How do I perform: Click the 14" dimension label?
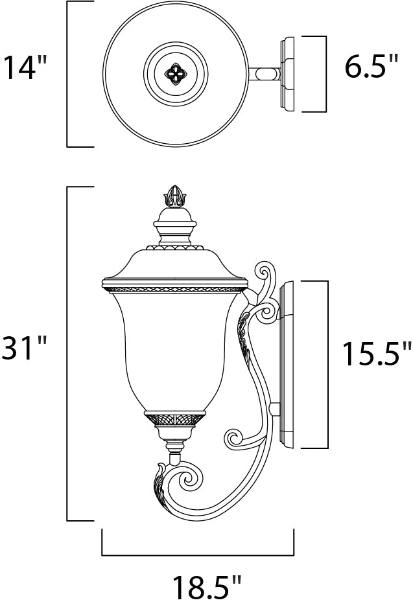tap(27, 67)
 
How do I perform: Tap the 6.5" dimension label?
tap(371, 67)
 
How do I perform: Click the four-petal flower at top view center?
tap(175, 73)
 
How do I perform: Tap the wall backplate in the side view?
tap(287, 363)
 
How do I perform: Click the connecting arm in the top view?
tap(263, 73)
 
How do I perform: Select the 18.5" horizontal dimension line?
tap(198, 555)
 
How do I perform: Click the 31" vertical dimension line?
tap(68, 353)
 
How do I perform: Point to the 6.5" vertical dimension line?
tap(324, 73)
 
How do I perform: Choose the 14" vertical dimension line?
tap(68, 73)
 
